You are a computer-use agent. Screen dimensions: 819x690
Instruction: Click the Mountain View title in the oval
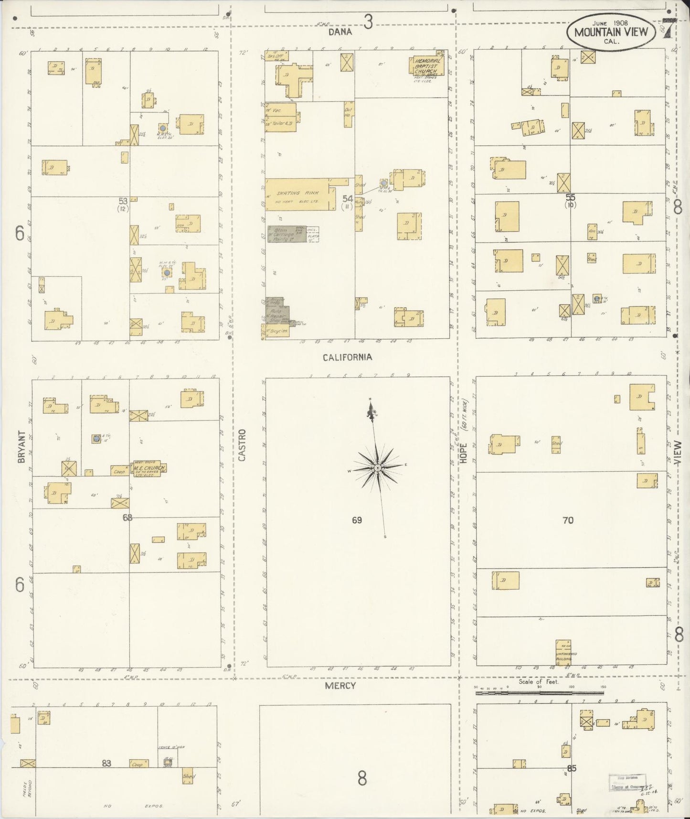[x=611, y=32]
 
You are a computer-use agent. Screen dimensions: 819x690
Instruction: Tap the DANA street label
[x=340, y=32]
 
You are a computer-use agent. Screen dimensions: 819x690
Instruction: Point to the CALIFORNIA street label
[x=347, y=357]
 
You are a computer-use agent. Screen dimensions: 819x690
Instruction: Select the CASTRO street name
[x=242, y=445]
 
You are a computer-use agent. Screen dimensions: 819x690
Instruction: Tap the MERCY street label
[x=340, y=686]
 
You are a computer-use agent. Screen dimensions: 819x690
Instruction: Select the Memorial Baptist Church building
[x=426, y=66]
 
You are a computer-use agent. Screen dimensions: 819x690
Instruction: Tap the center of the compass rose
[x=377, y=467]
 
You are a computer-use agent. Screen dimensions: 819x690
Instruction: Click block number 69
[x=357, y=520]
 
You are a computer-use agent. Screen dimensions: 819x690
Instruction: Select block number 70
[x=568, y=520]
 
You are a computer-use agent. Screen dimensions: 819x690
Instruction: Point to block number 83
[x=106, y=764]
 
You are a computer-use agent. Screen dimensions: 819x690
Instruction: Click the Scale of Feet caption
[x=539, y=682]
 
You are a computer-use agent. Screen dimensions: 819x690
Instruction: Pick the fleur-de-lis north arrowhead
[x=370, y=411]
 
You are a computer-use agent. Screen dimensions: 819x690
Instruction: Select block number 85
[x=572, y=768]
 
